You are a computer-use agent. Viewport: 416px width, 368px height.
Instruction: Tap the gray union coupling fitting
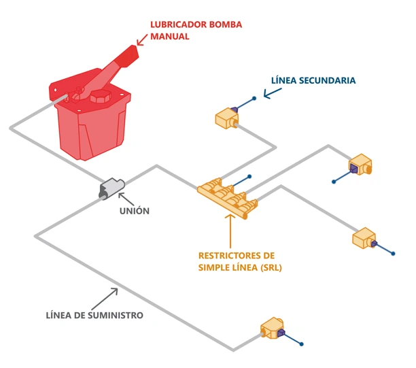(x=111, y=188)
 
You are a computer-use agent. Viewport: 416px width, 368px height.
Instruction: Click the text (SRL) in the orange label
(x=268, y=267)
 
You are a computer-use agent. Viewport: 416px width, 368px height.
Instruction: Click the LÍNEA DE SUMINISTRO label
(x=94, y=316)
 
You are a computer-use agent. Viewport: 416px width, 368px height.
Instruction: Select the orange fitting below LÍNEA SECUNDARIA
(x=226, y=118)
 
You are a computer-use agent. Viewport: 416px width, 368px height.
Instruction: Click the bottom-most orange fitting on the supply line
(x=273, y=330)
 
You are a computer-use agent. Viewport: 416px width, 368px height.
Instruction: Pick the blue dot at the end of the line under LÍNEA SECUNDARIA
(x=254, y=99)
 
